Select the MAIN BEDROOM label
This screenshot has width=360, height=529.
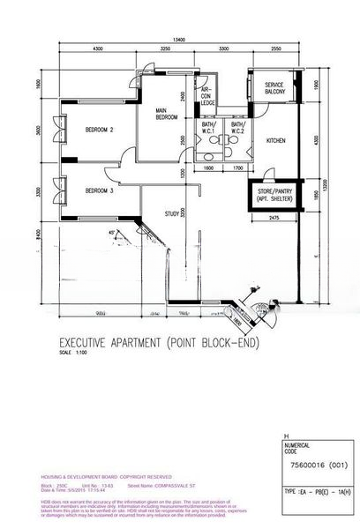click(x=167, y=114)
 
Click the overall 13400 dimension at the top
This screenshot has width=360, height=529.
click(x=179, y=39)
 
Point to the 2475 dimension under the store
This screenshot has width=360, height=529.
click(x=274, y=217)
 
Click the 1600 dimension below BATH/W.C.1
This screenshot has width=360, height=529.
click(x=209, y=167)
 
